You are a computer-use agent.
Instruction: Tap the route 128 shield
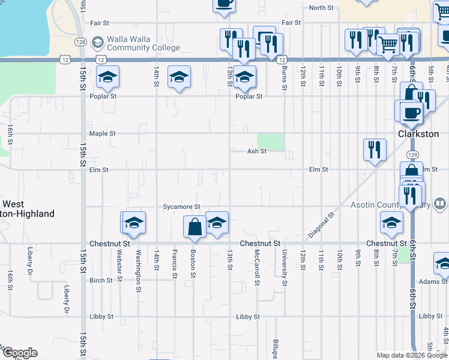pos(81,42)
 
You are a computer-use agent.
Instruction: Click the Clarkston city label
pos(418,134)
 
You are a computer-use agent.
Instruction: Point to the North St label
pos(321,8)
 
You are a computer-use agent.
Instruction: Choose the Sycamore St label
pos(181,206)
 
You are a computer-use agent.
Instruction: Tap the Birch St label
pos(101,280)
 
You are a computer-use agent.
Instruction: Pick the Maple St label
pos(101,133)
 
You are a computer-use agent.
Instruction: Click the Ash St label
pos(257,151)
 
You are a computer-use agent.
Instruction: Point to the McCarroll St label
pos(257,267)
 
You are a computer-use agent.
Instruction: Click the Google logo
pos(20,353)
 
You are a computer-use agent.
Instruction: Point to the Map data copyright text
pos(412,355)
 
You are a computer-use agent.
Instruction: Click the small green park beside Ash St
pos(271,142)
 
